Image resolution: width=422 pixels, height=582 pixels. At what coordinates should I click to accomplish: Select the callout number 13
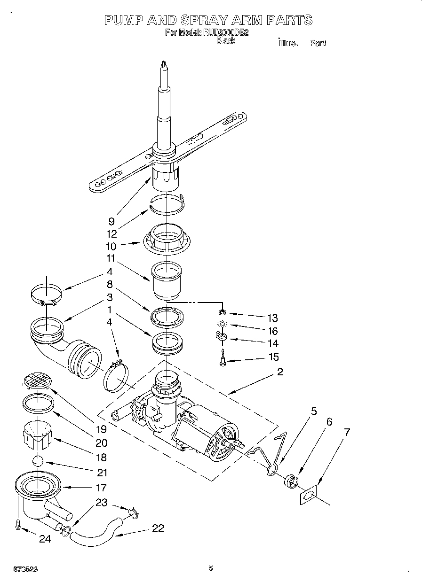click(272, 318)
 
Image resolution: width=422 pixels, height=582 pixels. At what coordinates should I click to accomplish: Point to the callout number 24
click(45, 539)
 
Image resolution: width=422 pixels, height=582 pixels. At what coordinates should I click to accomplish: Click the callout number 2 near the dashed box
click(280, 372)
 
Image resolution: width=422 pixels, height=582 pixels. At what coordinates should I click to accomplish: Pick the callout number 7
click(347, 433)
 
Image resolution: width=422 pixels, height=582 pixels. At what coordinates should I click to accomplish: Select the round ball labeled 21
click(38, 461)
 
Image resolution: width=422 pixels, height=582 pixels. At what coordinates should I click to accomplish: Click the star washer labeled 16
click(222, 324)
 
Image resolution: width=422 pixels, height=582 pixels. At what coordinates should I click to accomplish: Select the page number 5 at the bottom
click(211, 568)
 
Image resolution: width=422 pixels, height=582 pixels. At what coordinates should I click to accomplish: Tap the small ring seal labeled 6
click(292, 481)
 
